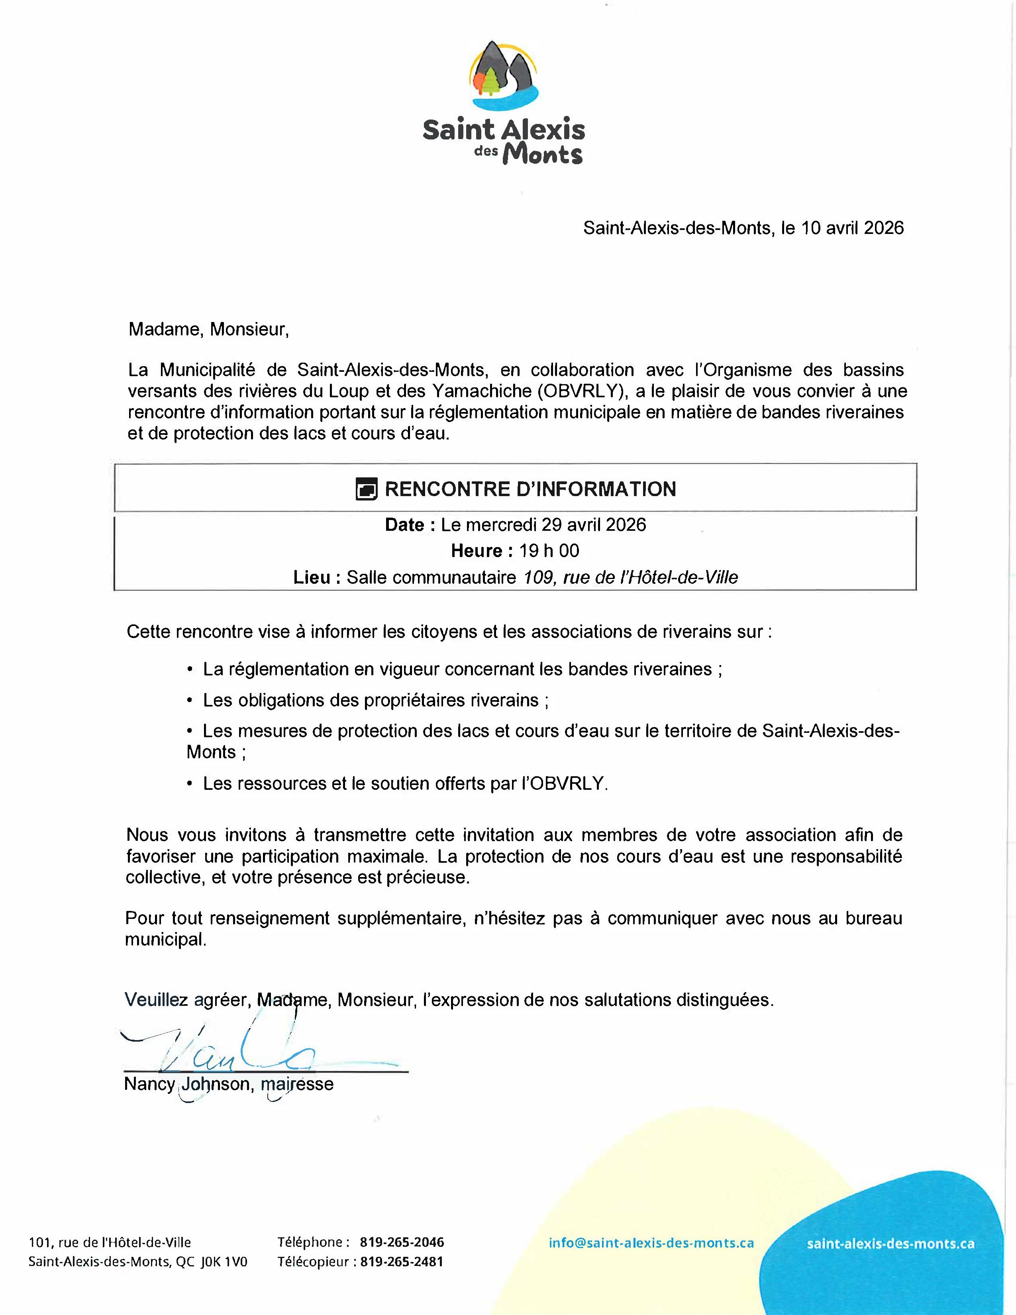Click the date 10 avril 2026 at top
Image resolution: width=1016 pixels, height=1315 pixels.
click(x=852, y=228)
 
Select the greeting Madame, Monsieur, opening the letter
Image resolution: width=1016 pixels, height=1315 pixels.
click(x=208, y=330)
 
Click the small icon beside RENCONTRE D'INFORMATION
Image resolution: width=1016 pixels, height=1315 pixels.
click(x=367, y=489)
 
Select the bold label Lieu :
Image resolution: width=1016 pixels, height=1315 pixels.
click(x=317, y=577)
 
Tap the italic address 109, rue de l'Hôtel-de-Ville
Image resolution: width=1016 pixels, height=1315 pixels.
click(x=631, y=577)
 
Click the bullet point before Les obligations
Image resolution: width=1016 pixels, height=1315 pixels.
click(x=190, y=701)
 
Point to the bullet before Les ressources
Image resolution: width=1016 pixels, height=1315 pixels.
click(x=190, y=784)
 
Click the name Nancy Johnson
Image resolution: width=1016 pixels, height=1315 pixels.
click(x=186, y=1084)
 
